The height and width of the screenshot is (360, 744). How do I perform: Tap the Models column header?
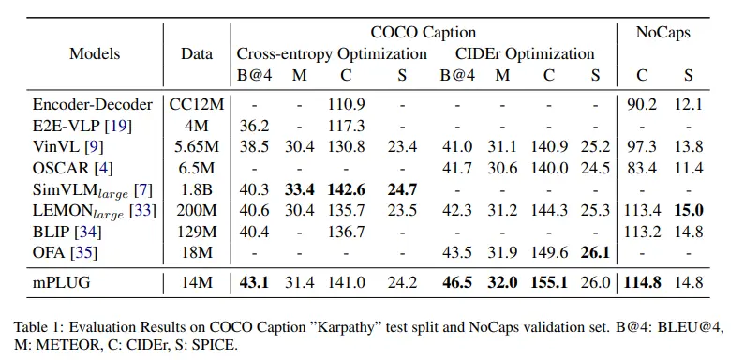[95, 53]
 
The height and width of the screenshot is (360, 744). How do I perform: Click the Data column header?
[197, 53]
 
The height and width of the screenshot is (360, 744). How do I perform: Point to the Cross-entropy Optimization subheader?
[332, 53]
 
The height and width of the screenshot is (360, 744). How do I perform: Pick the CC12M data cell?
[197, 105]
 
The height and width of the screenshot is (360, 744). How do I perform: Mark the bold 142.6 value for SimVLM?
[348, 191]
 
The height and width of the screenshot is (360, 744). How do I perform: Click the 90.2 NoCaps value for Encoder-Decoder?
[646, 105]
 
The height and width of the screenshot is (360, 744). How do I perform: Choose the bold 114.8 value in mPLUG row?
[644, 281]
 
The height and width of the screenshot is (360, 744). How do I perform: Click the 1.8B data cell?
[197, 191]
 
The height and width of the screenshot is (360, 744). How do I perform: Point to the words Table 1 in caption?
[36, 327]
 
